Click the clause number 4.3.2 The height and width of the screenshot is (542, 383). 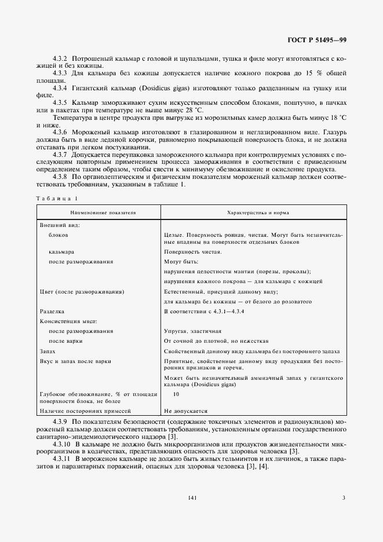click(60, 59)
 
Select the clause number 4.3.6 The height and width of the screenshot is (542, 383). click(60, 132)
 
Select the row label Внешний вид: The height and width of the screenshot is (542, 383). click(59, 224)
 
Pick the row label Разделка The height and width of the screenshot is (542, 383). click(52, 311)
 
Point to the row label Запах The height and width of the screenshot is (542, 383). click(48, 351)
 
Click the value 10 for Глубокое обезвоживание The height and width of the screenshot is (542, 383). click(177, 394)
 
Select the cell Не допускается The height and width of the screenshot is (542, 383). click(185, 409)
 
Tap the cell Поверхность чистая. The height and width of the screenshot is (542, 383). click(192, 252)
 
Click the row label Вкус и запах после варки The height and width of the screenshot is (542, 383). click(75, 361)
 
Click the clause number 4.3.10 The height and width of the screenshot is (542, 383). click(62, 443)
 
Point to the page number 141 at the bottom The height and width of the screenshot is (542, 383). click(191, 497)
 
